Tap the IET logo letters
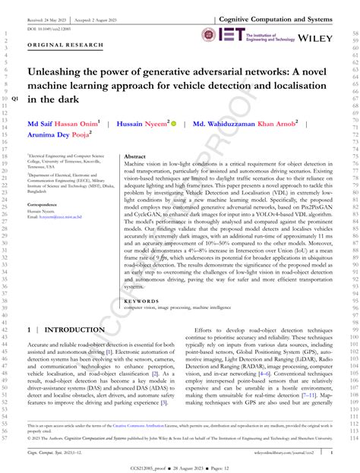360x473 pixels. [232, 34]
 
